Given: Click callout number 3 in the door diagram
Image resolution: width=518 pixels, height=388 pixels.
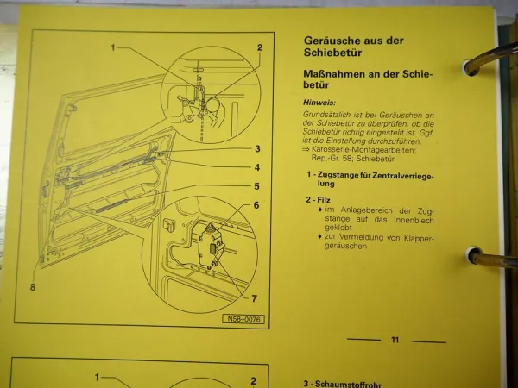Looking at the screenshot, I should click(x=257, y=149).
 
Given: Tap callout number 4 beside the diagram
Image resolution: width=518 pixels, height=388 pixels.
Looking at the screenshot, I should click(x=257, y=167).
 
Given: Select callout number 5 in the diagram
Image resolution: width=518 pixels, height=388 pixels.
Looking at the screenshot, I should click(x=257, y=185).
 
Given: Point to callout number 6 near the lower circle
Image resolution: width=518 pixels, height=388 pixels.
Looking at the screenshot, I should click(x=256, y=205).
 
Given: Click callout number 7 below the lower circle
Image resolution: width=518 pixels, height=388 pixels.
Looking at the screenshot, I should click(x=255, y=299).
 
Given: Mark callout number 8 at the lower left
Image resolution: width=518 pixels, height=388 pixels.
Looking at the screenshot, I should click(x=32, y=288).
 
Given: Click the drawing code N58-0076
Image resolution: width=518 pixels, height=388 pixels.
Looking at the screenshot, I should click(x=243, y=319).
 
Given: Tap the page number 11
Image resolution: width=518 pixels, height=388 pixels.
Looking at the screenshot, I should click(x=395, y=341).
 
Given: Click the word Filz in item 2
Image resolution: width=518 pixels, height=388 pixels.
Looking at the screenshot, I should click(x=324, y=198).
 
